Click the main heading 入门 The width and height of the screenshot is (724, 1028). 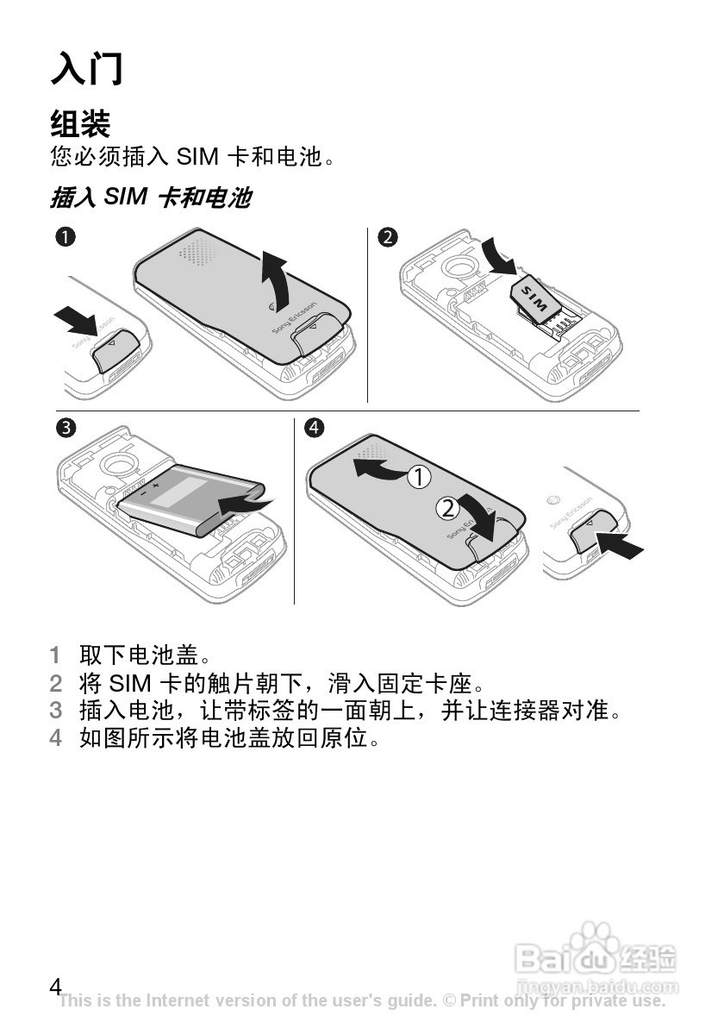coord(86,68)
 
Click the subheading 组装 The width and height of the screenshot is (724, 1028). coord(80,122)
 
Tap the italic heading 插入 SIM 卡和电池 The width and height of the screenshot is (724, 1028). coord(151,197)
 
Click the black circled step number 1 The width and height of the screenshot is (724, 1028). coord(66,236)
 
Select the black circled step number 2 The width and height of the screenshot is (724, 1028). coord(388,236)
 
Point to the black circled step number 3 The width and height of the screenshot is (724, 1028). coord(66,428)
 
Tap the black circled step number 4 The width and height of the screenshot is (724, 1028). coord(314,428)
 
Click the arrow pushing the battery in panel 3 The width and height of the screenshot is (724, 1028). coord(245,505)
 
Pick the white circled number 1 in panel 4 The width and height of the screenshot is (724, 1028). coord(420,477)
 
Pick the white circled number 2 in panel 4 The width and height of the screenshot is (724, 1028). coord(447,508)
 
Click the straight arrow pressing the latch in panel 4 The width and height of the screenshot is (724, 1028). coord(619,544)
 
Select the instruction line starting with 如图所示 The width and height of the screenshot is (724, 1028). coord(230,737)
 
